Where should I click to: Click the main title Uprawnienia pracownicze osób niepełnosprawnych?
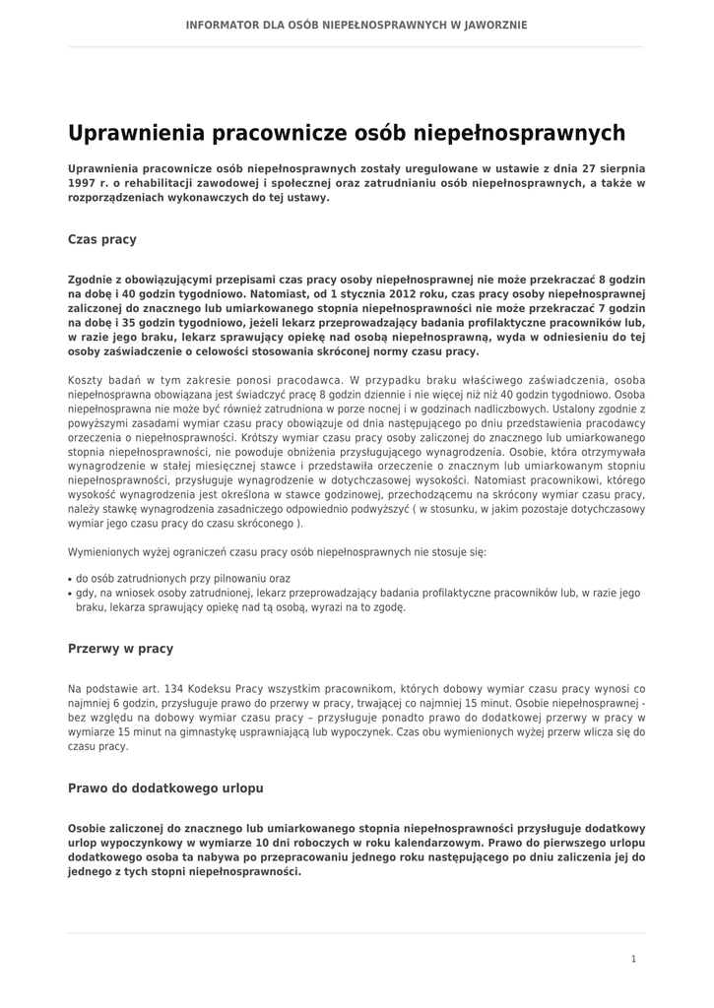[347, 133]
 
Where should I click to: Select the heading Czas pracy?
[102, 239]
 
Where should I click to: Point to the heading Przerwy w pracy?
[120, 649]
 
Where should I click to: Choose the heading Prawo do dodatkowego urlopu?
[165, 788]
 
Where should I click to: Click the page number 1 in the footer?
[633, 959]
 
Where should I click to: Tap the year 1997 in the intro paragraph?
[82, 183]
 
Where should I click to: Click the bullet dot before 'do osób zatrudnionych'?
[70, 580]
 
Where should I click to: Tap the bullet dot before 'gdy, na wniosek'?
[70, 594]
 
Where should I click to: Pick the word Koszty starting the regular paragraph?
[87, 379]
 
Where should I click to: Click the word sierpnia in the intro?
[621, 168]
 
